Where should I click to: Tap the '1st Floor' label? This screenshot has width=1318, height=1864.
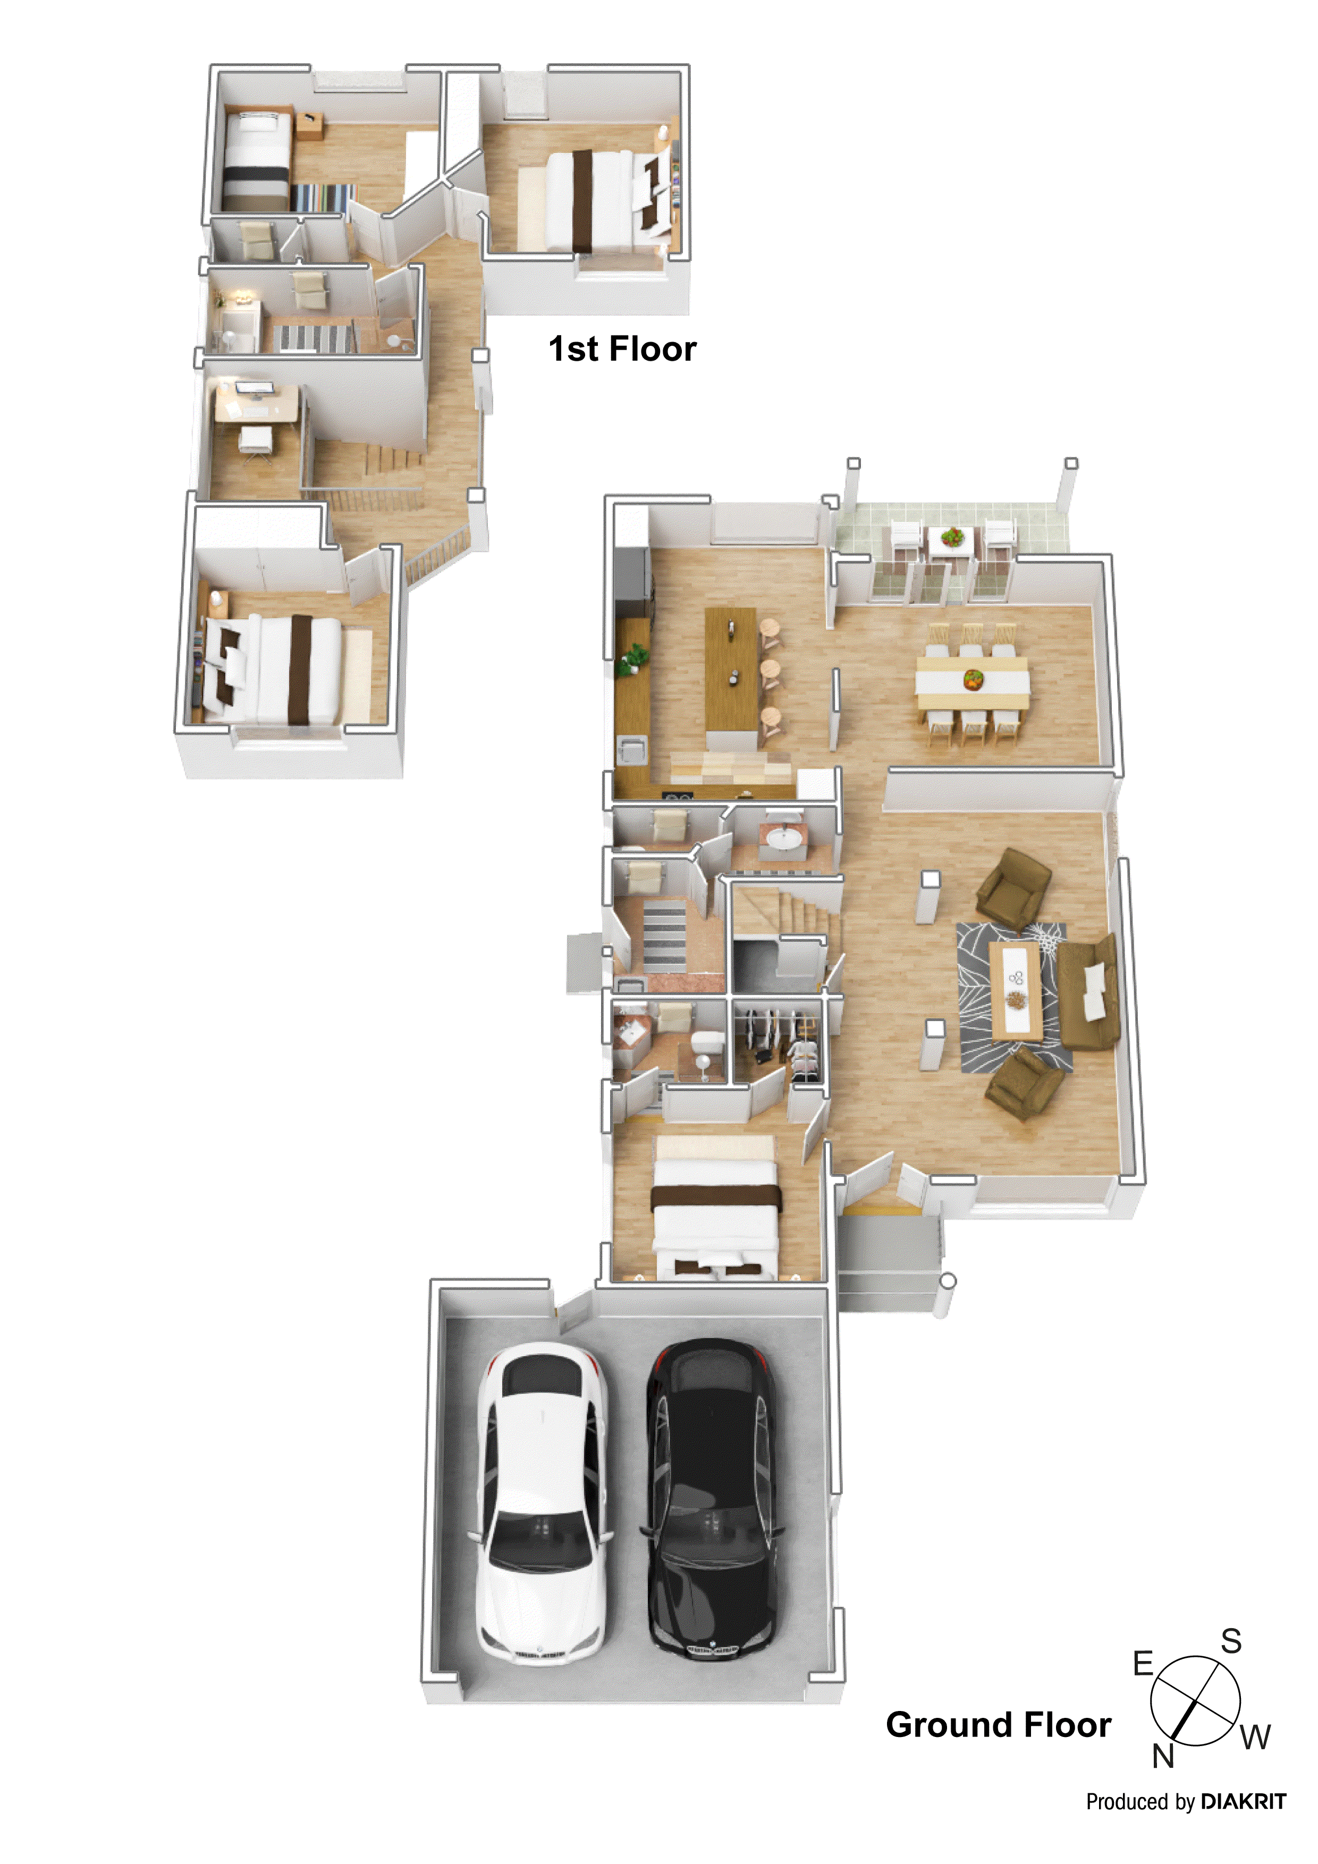click(x=622, y=349)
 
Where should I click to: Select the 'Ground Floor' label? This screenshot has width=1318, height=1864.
click(x=998, y=1724)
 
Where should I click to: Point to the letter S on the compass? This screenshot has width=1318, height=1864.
click(x=1231, y=1641)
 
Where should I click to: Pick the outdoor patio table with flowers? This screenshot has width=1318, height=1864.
click(x=952, y=539)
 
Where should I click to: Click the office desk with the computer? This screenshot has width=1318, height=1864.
click(x=255, y=402)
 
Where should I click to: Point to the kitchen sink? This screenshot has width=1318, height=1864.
click(x=632, y=747)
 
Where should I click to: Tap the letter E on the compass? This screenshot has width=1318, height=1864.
click(x=1143, y=1664)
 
